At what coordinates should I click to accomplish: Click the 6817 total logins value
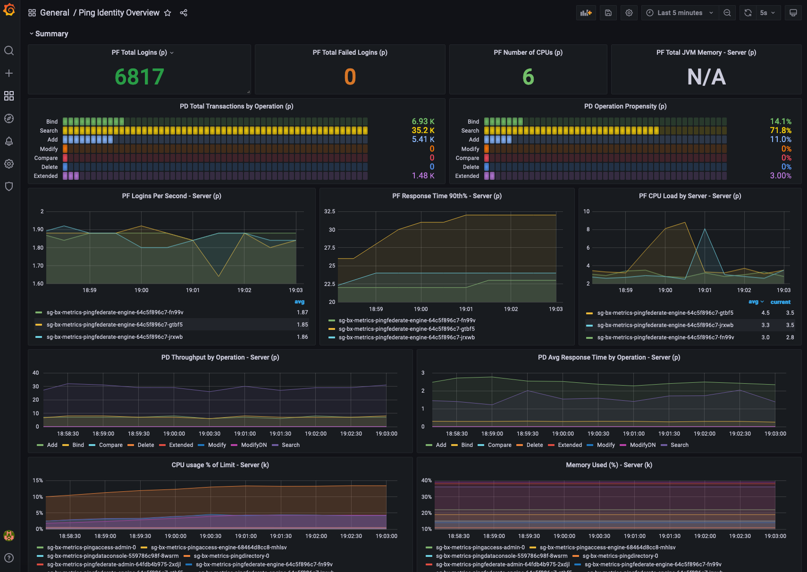pyautogui.click(x=139, y=77)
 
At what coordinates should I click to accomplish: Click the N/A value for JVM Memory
pyautogui.click(x=706, y=77)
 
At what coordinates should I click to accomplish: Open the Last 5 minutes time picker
pyautogui.click(x=679, y=13)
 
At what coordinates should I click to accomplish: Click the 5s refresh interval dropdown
pyautogui.click(x=767, y=13)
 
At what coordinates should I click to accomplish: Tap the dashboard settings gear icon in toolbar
pyautogui.click(x=629, y=13)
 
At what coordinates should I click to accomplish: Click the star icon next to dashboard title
pyautogui.click(x=168, y=13)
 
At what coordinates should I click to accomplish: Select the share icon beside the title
pyautogui.click(x=184, y=13)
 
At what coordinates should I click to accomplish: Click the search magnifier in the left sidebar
pyautogui.click(x=9, y=50)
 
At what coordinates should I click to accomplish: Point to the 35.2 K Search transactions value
pyautogui.click(x=423, y=130)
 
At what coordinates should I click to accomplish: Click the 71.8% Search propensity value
pyautogui.click(x=781, y=130)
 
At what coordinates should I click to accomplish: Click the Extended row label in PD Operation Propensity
pyautogui.click(x=467, y=176)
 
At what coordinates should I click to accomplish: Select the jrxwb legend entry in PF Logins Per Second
pyautogui.click(x=114, y=337)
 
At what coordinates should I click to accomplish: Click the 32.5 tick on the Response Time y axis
pyautogui.click(x=329, y=211)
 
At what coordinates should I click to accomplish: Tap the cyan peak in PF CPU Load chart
pyautogui.click(x=705, y=229)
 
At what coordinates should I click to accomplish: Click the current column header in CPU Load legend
pyautogui.click(x=780, y=302)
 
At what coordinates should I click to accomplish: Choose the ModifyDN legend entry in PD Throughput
pyautogui.click(x=253, y=445)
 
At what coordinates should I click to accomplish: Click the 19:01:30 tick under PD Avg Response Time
pyautogui.click(x=669, y=434)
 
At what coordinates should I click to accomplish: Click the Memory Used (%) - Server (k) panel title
pyautogui.click(x=609, y=465)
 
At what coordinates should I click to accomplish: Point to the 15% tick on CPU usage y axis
pyautogui.click(x=38, y=480)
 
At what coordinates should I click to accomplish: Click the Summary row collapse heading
pyautogui.click(x=51, y=34)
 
